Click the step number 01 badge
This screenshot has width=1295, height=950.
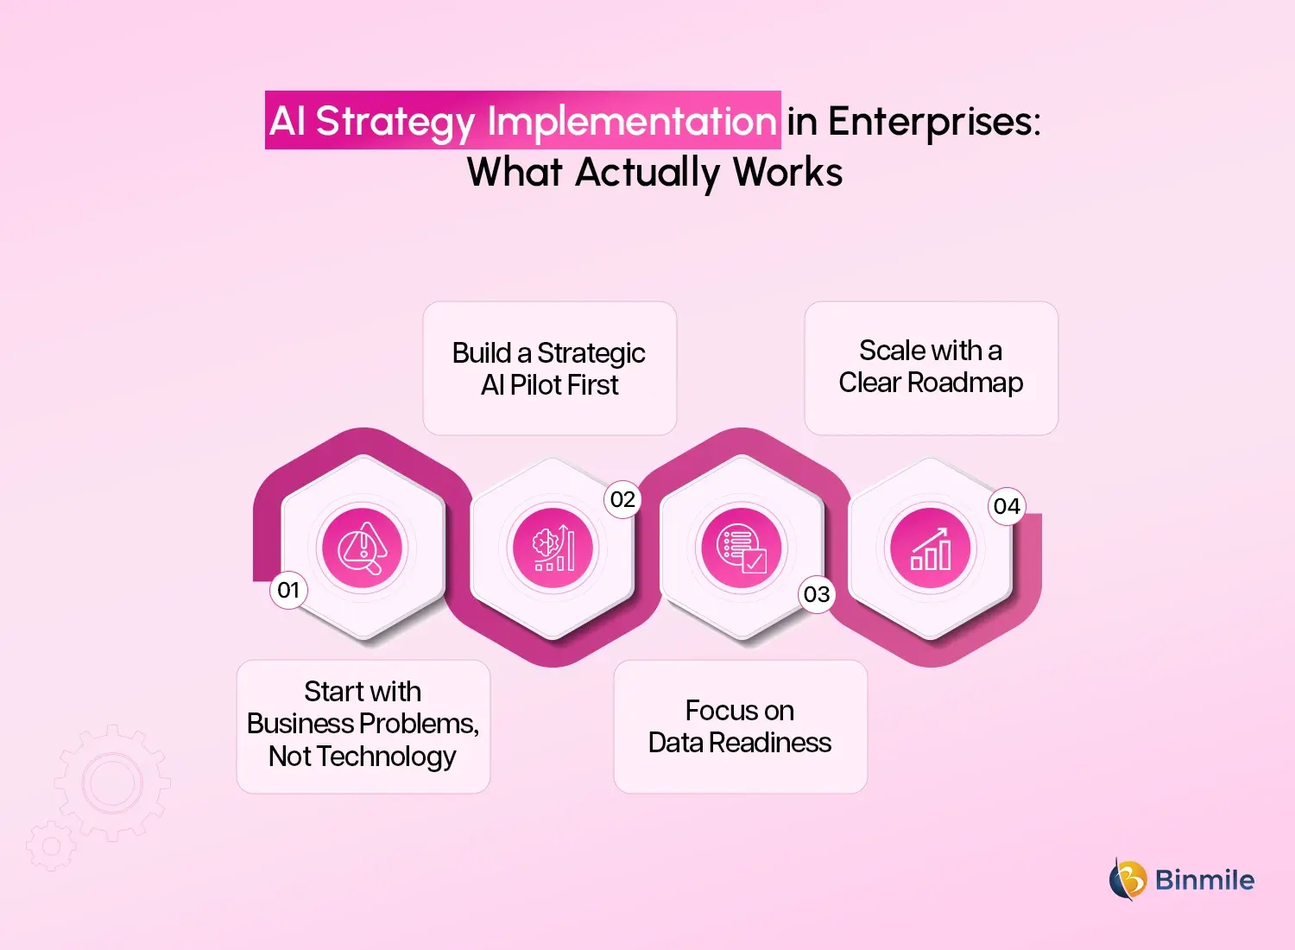click(x=288, y=591)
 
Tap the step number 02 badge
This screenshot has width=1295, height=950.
click(x=622, y=500)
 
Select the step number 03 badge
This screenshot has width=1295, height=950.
click(x=817, y=595)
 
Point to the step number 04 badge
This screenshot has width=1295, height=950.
click(x=1007, y=507)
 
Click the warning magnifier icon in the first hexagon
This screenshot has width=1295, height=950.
click(x=363, y=548)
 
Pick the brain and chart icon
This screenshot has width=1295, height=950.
click(x=553, y=548)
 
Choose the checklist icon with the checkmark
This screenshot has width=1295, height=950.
click(x=742, y=548)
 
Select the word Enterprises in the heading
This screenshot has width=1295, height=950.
click(x=934, y=122)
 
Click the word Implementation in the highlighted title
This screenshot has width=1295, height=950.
click(x=632, y=122)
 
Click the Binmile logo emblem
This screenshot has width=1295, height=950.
click(x=1127, y=879)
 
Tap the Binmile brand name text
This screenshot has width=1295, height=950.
click(x=1204, y=880)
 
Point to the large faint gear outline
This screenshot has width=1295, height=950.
click(x=112, y=783)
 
